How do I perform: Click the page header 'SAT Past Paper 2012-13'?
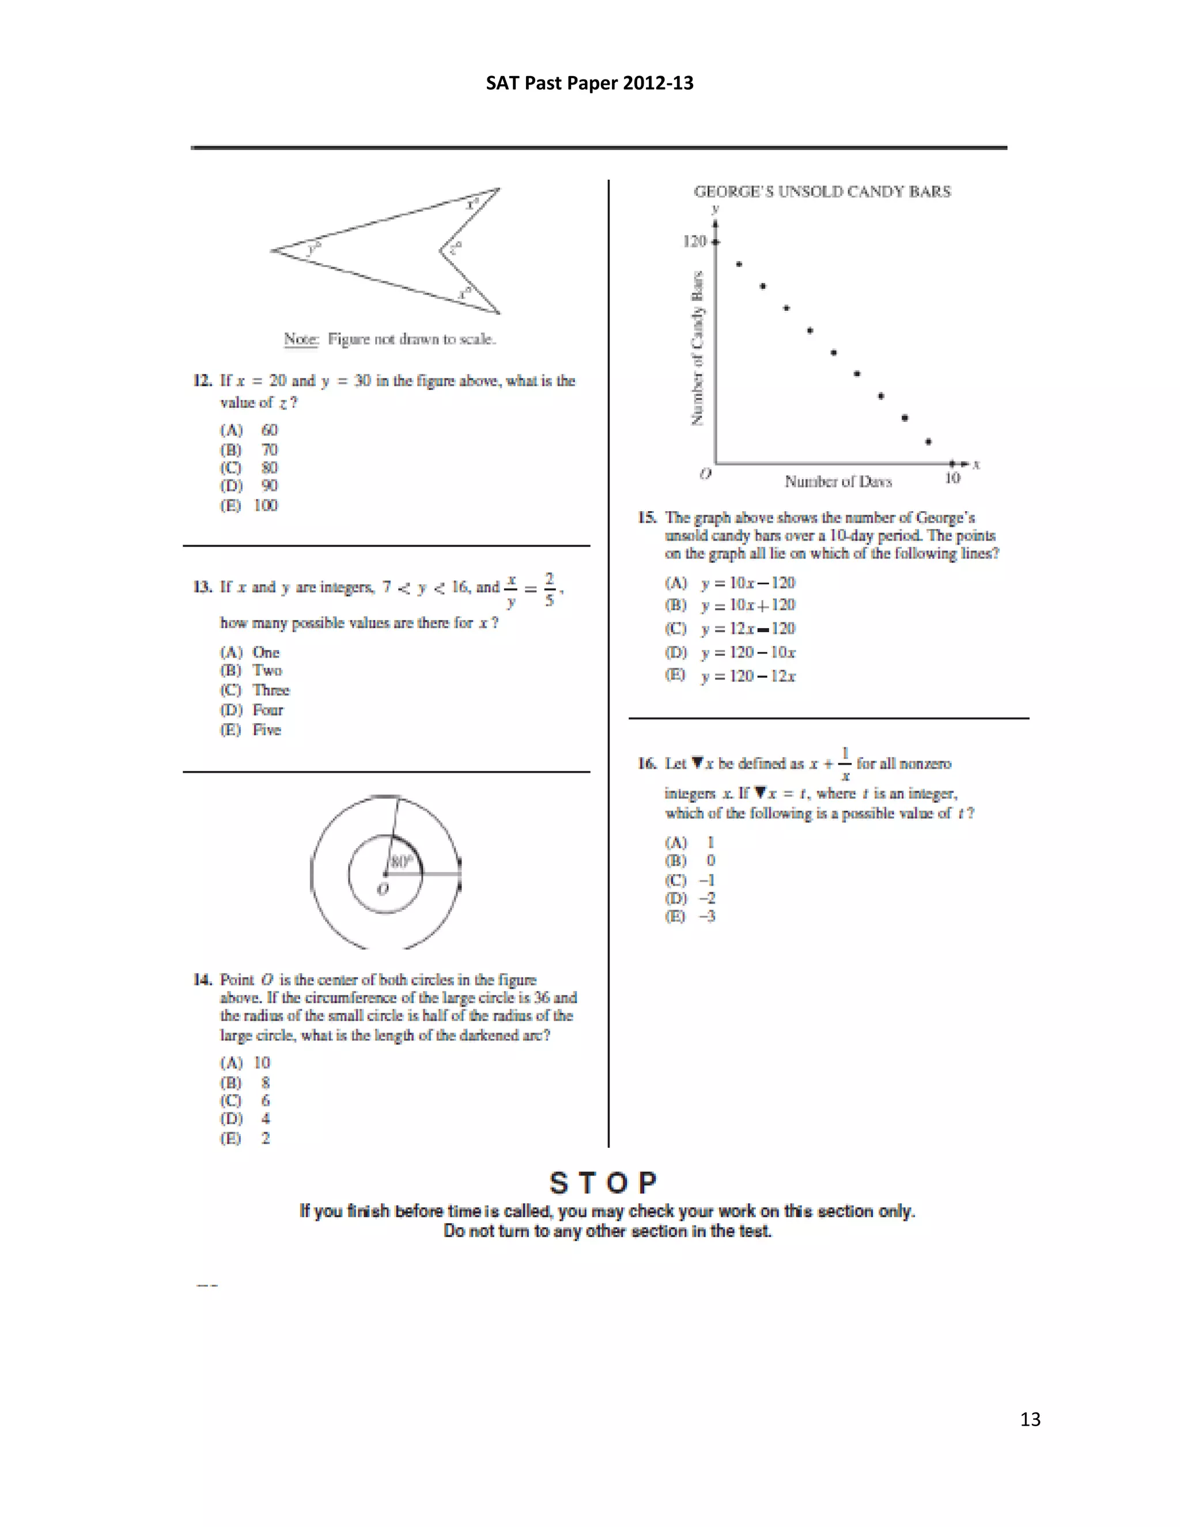(x=589, y=83)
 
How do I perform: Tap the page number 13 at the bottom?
(x=1030, y=1419)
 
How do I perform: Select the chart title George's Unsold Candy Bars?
(x=822, y=191)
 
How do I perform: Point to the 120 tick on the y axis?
(x=695, y=241)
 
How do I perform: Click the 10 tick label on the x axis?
(x=952, y=478)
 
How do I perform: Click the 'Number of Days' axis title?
(x=838, y=482)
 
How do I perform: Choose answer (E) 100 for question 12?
(x=249, y=505)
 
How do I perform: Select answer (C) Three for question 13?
(x=255, y=690)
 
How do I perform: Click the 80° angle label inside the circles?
(x=401, y=861)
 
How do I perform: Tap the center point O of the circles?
(x=385, y=875)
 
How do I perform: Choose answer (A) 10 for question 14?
(x=245, y=1063)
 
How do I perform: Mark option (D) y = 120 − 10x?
(x=731, y=652)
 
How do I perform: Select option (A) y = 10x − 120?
(x=731, y=583)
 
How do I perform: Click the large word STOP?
(x=603, y=1183)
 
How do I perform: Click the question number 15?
(x=646, y=517)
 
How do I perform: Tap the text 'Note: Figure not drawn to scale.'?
(x=389, y=339)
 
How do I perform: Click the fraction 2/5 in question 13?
(x=550, y=589)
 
